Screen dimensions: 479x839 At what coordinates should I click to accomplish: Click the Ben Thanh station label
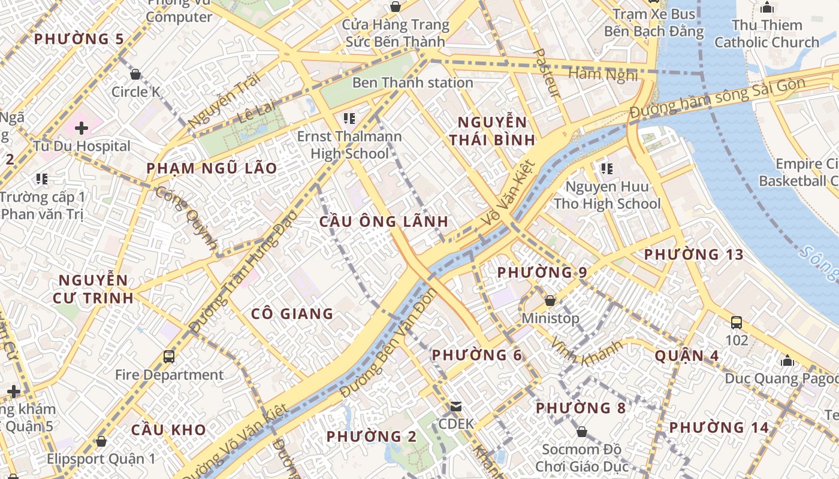pos(412,83)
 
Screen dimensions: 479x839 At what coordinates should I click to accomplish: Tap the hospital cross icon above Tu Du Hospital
pos(81,128)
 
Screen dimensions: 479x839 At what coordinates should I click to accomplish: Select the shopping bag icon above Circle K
pos(135,74)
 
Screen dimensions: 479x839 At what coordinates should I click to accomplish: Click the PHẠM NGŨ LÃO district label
pos(212,168)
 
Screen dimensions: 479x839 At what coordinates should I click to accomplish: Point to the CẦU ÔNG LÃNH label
pos(384,222)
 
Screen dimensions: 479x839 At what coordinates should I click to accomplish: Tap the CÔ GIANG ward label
pos(292,314)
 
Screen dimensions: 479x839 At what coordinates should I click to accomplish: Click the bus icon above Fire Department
pos(169,357)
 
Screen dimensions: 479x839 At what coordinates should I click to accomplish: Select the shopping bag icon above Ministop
pos(550,301)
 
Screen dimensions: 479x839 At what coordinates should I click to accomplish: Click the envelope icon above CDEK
pos(456,407)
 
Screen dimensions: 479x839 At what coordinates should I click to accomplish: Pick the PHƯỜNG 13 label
pos(693,254)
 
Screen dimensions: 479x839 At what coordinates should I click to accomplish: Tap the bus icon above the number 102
pos(737,323)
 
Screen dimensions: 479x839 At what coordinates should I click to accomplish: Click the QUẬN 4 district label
pos(686,356)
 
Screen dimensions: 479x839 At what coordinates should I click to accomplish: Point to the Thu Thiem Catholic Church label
pos(766,34)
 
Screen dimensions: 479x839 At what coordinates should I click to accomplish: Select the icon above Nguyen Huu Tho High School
pos(606,169)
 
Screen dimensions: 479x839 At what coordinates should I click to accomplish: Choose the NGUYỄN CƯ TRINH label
pos(93,289)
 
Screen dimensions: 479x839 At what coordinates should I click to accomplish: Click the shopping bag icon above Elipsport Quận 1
pos(101,441)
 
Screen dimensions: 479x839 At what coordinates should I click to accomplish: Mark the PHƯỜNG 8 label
pos(580,408)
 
